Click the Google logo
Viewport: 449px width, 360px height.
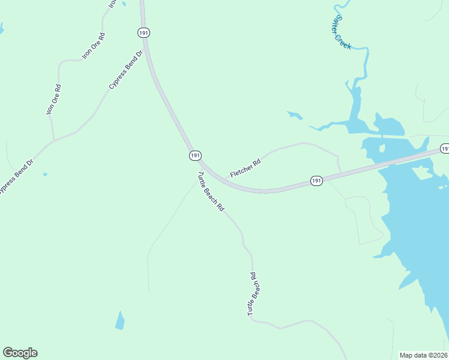coord(20,353)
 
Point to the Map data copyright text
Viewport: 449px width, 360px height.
coord(424,355)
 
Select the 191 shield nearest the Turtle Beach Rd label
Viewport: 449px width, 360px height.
coord(194,155)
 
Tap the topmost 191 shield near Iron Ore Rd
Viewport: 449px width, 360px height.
coord(143,33)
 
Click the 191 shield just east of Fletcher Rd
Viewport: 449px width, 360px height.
coord(317,180)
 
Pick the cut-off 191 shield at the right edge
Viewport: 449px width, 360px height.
coord(445,148)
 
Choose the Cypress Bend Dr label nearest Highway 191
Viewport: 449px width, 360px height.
coord(126,70)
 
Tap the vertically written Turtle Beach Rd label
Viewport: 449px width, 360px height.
coord(254,294)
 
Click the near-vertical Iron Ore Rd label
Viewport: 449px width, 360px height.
coord(53,100)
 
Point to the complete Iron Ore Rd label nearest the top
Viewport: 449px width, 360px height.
coord(94,46)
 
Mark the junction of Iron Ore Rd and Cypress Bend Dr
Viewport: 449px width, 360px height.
coord(54,140)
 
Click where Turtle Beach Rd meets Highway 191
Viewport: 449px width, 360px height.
coord(197,169)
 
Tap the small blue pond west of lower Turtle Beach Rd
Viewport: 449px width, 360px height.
coord(120,320)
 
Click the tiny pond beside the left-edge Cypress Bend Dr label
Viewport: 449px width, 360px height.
coord(45,175)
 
